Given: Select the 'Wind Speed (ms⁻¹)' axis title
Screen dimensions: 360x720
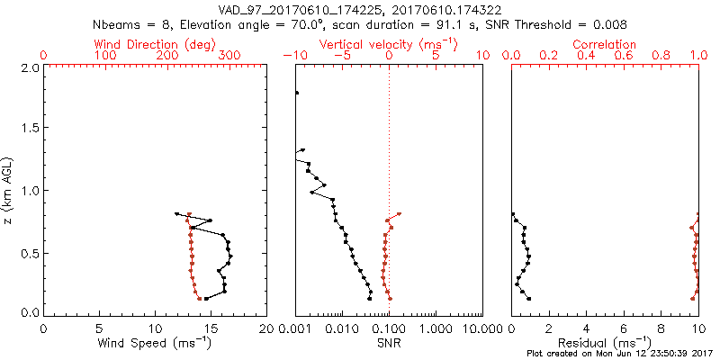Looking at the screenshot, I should click(x=154, y=342).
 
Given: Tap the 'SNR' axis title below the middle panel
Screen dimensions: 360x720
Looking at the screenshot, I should click(x=388, y=342).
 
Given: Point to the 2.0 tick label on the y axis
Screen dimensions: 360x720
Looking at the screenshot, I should click(x=30, y=67).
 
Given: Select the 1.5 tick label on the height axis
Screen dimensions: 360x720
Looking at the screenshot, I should click(x=30, y=129).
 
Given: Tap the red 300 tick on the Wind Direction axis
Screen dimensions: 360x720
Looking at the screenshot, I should click(x=229, y=56).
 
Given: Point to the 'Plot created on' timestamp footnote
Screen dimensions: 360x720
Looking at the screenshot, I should click(x=621, y=354).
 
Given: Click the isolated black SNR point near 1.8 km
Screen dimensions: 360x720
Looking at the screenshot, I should click(x=296, y=93).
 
